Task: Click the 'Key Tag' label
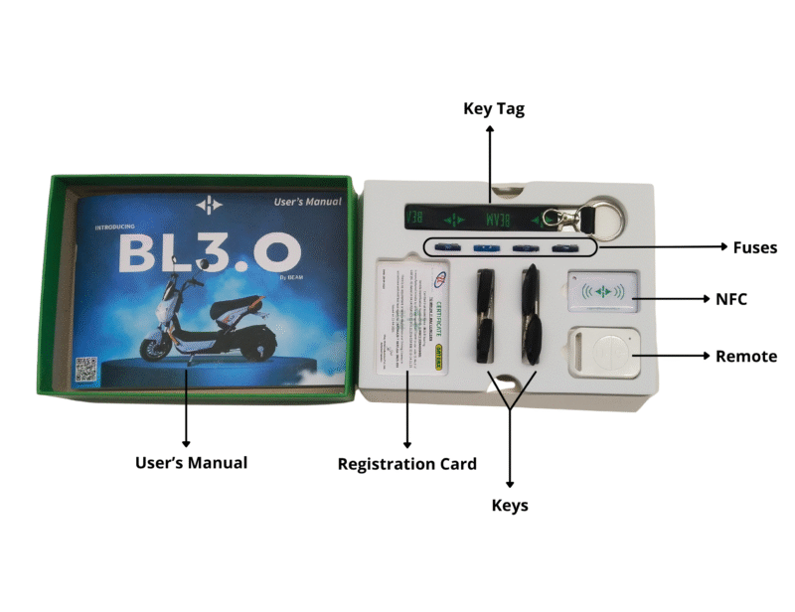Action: pos(494,108)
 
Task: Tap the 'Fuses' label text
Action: pos(755,247)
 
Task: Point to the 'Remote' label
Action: pos(746,356)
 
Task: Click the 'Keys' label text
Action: pos(510,506)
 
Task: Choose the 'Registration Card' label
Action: pos(407,464)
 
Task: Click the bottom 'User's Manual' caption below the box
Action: pos(191,462)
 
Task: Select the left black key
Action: pos(487,318)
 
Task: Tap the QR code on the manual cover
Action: pos(86,368)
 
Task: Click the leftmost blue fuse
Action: pos(444,247)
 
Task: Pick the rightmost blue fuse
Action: pos(565,247)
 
